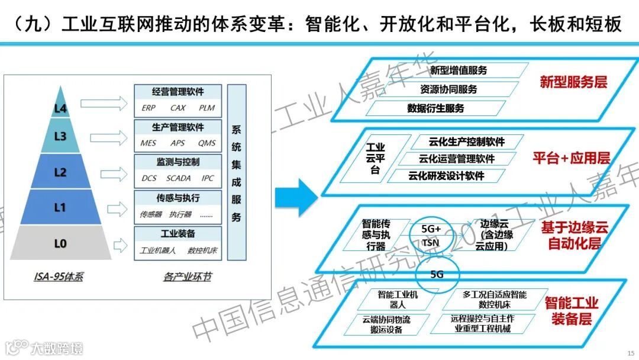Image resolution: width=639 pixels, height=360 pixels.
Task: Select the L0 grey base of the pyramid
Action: click(x=61, y=243)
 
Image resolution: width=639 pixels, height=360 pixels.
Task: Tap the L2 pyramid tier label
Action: click(x=61, y=172)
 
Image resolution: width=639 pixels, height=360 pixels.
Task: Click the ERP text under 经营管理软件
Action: click(x=149, y=108)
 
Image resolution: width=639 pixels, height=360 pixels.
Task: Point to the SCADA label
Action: click(x=178, y=178)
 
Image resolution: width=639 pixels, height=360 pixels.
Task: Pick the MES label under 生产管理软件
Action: click(x=149, y=143)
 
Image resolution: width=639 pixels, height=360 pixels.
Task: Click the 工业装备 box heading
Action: click(x=177, y=233)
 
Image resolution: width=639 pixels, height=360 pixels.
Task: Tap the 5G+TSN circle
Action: click(x=431, y=235)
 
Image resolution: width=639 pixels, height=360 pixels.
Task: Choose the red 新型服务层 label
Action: click(x=573, y=82)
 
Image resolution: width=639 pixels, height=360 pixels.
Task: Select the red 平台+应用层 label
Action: click(x=571, y=158)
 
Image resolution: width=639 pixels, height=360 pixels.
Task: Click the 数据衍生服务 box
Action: click(x=435, y=108)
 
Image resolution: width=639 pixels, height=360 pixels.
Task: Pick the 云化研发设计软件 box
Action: click(x=446, y=176)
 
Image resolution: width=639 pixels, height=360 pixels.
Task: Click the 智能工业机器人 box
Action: click(x=397, y=299)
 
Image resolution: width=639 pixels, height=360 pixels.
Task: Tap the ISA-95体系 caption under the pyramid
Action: click(x=59, y=277)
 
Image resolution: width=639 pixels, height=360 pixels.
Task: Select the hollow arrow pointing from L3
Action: click(x=104, y=139)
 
